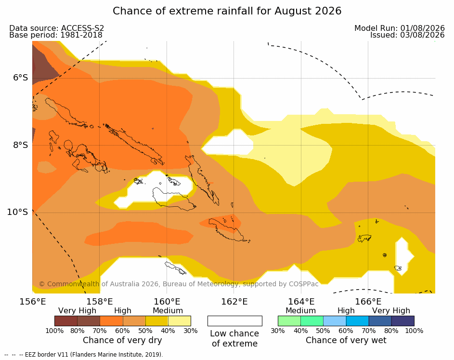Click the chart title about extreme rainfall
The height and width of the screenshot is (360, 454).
(227, 11)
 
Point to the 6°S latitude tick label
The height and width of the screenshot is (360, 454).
(21, 78)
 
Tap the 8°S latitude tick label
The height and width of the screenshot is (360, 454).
(21, 145)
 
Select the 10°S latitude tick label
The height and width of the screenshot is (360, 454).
(18, 212)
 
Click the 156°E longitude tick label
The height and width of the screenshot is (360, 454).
(33, 302)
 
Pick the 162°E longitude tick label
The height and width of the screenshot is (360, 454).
(234, 302)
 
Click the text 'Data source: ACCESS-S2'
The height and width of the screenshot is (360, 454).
(57, 28)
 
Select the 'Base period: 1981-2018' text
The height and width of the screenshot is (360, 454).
(56, 35)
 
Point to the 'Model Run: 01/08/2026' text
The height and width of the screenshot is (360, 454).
(400, 28)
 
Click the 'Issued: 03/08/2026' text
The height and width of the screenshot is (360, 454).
(407, 35)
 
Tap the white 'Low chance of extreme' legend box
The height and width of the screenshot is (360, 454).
(235, 321)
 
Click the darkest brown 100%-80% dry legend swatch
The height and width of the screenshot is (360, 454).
(66, 321)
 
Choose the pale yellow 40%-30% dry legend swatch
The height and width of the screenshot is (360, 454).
(180, 321)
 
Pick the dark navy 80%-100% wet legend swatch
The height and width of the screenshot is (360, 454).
(403, 321)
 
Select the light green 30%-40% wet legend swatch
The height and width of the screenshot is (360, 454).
(289, 321)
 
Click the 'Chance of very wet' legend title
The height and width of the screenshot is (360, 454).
(346, 340)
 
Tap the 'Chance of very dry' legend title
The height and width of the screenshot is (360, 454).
(122, 340)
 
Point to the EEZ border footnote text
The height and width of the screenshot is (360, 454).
(84, 355)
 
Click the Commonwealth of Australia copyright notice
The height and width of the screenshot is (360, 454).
(179, 284)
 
